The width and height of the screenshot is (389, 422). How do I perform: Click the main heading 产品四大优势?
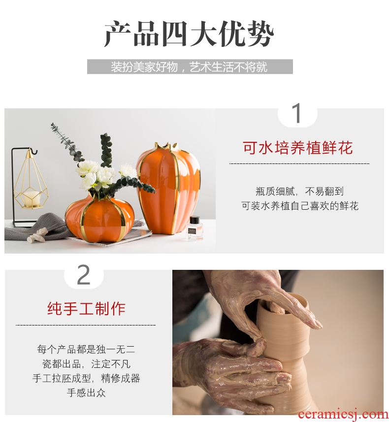coord(189,34)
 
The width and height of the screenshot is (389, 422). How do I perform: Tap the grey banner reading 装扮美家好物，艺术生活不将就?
coord(190,67)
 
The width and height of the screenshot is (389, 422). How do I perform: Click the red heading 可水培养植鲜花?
coord(298,148)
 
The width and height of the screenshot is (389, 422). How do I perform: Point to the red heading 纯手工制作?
coord(86,309)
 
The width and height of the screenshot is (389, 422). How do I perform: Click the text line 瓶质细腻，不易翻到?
coord(299,192)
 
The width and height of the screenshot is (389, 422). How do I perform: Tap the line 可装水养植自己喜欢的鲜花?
coord(300,206)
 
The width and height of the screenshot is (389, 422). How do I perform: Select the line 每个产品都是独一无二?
coord(86,349)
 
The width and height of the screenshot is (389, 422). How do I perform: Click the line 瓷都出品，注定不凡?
coord(86,364)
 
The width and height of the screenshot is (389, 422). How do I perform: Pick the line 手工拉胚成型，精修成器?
coord(86,378)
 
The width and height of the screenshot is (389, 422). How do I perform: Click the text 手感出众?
coord(86,392)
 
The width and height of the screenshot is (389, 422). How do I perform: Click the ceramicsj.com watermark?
coord(343,415)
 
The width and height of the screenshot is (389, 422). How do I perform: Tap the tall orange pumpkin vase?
coord(168,189)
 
